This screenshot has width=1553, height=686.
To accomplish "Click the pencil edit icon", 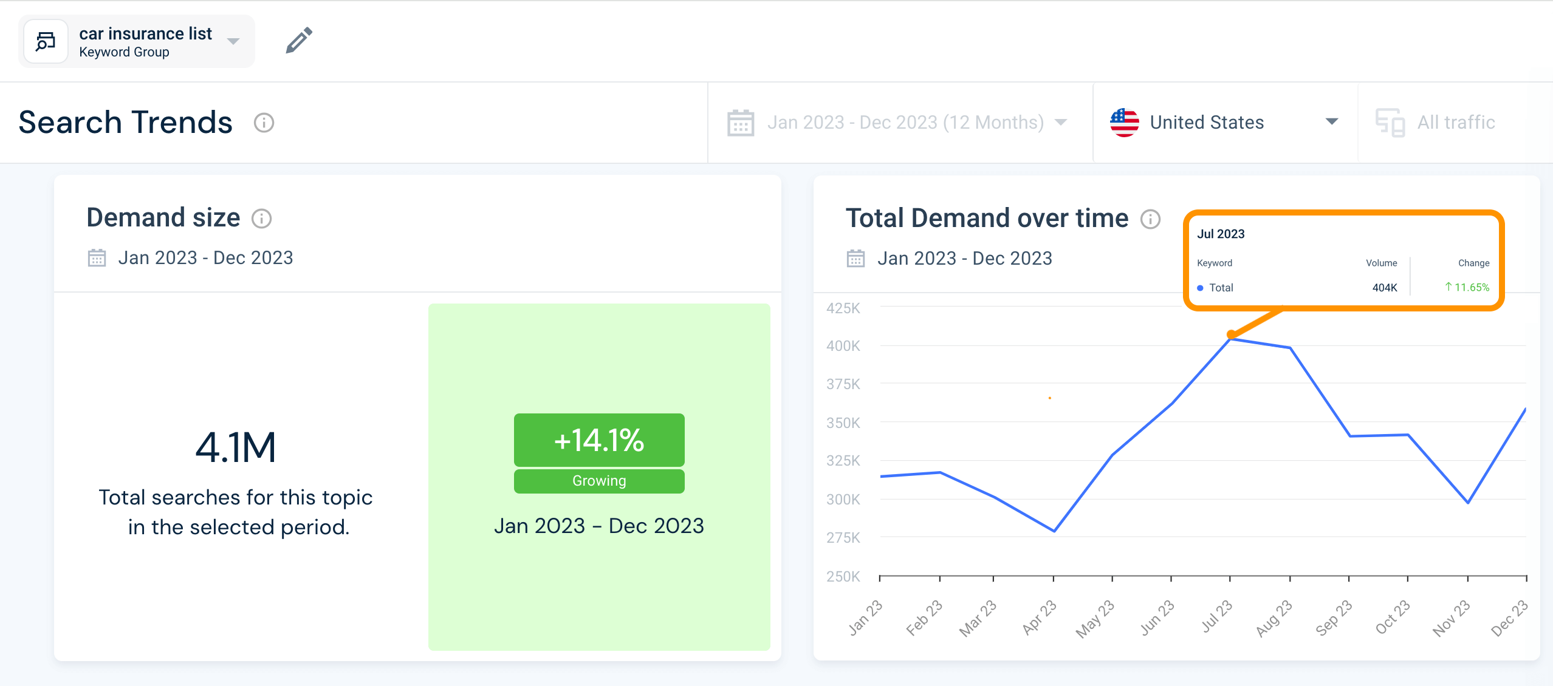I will coord(299,41).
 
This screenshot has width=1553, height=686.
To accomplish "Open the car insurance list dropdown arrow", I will coord(233,41).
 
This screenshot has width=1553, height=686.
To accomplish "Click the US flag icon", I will coord(1124,123).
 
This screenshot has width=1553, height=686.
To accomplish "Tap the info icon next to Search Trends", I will coord(264,123).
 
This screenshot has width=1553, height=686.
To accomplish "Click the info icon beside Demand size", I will coord(262,219).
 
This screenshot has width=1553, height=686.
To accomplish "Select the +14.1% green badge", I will coord(599,440).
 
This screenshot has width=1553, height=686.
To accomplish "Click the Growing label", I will coord(599,481).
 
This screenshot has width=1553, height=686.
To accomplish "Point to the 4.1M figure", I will coord(236,447).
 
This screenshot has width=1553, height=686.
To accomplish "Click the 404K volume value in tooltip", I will coord(1384,288).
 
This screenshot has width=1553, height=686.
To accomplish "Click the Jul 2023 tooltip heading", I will coord(1221,234).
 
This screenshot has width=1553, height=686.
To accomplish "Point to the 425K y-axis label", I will coord(843,308).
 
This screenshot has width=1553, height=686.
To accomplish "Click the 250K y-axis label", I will coord(843,576).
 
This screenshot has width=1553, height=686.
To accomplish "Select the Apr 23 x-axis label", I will coord(1040,617).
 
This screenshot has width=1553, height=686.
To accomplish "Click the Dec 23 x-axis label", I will coord(1510,617).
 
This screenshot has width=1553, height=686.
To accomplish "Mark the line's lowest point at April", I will coord(1054,531).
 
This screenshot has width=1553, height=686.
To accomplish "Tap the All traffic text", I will coord(1456,123).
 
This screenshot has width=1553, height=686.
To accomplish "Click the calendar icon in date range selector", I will coord(741,123).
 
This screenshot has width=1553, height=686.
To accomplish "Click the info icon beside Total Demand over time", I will coord(1150,219).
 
